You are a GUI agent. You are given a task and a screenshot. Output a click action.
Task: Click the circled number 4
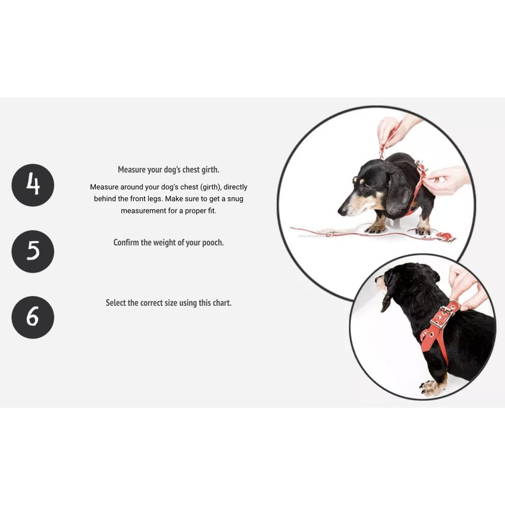click(x=33, y=185)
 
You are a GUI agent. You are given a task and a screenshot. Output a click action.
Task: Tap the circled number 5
click(x=33, y=251)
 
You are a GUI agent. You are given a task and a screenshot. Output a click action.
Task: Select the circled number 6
click(x=33, y=318)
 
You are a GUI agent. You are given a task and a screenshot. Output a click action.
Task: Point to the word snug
click(x=235, y=199)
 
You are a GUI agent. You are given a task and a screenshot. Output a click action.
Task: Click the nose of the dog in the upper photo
click(x=342, y=211)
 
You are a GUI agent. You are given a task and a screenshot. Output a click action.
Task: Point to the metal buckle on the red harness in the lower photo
click(x=444, y=315)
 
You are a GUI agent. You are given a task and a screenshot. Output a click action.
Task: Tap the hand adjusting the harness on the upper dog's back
click(x=446, y=180)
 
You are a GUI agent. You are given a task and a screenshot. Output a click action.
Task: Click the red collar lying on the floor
click(x=445, y=237)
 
